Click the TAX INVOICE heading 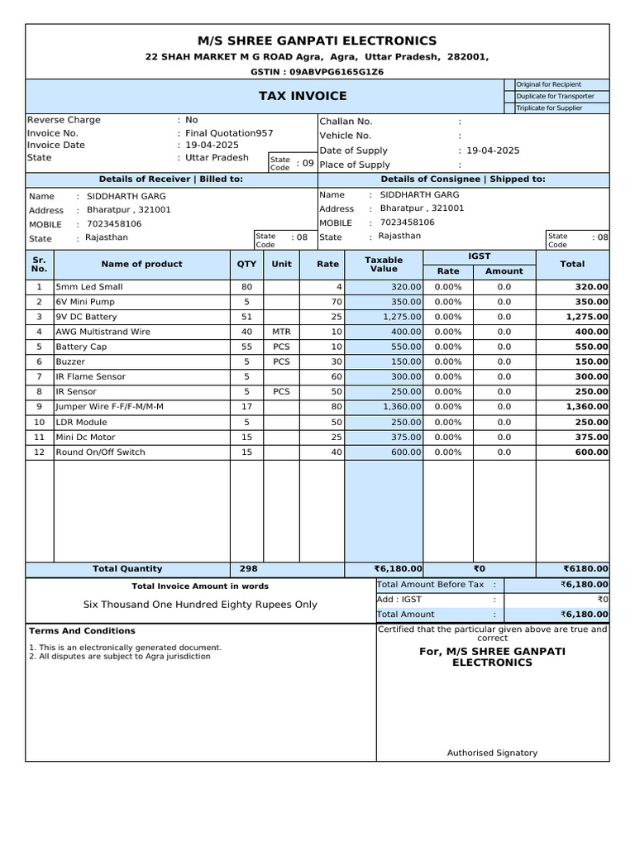pos(303,96)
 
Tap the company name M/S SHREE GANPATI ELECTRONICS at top pos(317,41)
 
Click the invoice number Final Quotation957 pos(229,133)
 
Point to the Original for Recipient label pos(548,84)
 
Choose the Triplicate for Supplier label pos(548,108)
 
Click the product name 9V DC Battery pos(86,317)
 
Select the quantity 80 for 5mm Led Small pos(246,287)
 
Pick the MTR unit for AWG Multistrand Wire pos(281,332)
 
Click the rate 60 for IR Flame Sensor pos(336,376)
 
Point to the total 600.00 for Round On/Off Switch pos(591,452)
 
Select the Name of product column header pos(141,264)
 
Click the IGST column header pos(480,257)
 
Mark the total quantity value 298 pos(247,569)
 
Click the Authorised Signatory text pos(492,753)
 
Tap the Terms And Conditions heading pos(70,630)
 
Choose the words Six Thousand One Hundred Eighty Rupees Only pos(200,605)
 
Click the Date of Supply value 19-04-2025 pos(493,151)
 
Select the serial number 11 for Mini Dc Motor pos(39,437)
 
